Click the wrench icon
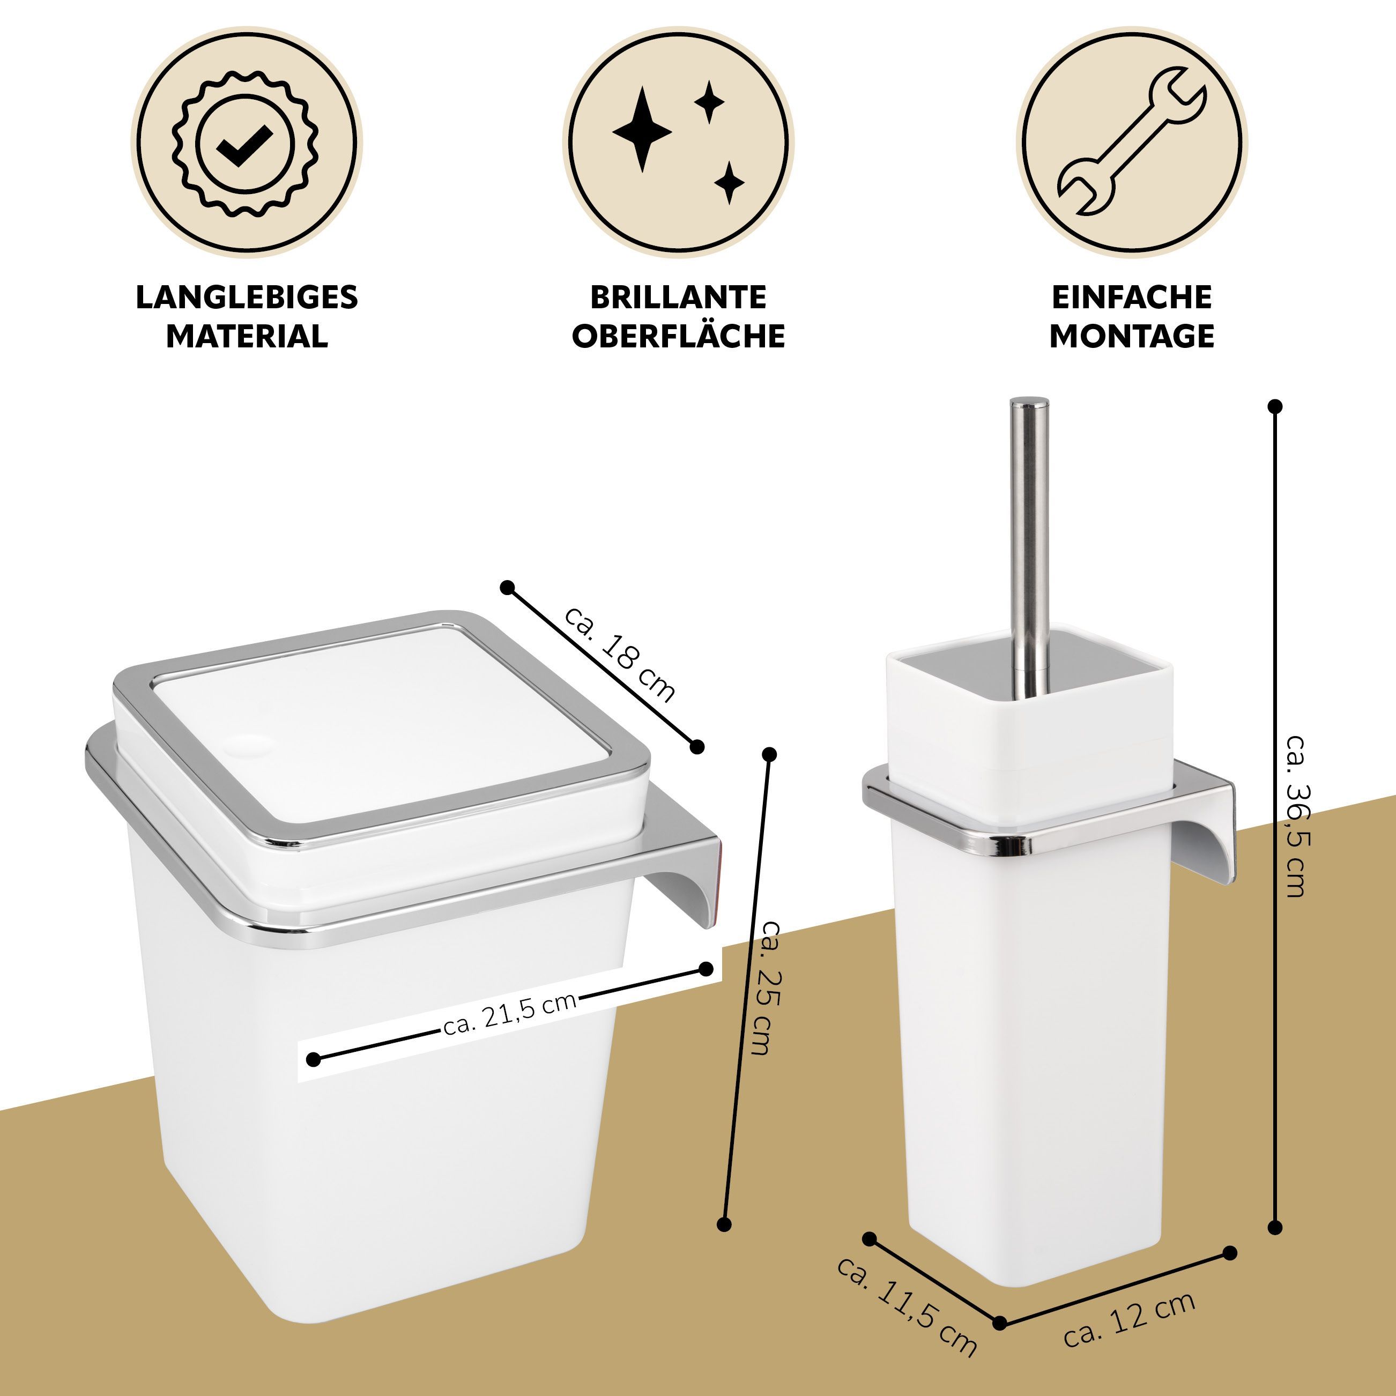point(1132,142)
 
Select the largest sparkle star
point(642,130)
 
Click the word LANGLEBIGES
point(247,297)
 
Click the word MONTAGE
point(1132,336)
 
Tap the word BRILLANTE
point(679,297)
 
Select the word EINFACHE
point(1132,297)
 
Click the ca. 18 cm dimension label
point(620,655)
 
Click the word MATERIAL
point(247,336)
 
